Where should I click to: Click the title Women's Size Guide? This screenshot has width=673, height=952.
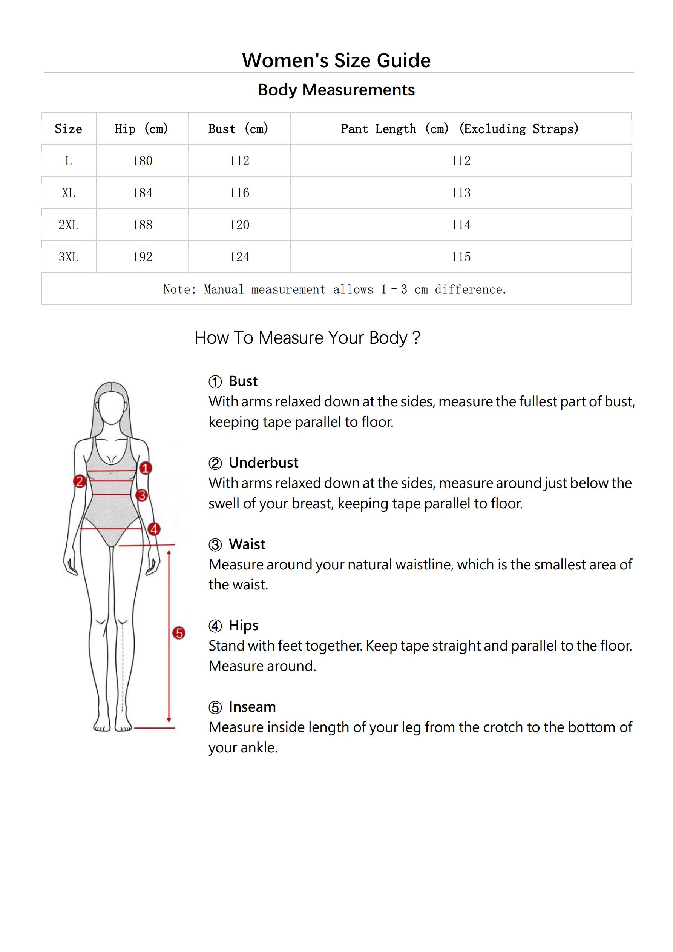coord(336,60)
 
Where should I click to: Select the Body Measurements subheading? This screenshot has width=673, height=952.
coord(336,90)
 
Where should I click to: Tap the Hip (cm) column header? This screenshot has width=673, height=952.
coord(142,129)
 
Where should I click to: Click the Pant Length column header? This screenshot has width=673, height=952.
coord(460,129)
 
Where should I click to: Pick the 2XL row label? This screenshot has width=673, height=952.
coord(68,225)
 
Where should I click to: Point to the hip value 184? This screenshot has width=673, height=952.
coord(143,193)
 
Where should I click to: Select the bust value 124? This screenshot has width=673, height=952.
coord(239,257)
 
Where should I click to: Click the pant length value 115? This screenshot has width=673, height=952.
coord(461,257)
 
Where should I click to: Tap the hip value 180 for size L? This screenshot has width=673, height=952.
coord(143,161)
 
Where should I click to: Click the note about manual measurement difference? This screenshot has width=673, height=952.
coord(335,289)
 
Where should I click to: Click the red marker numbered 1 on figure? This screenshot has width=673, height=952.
coord(145,469)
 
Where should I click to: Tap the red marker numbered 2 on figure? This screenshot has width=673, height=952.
coord(79,481)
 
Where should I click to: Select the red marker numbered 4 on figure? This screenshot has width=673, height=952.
coord(154,529)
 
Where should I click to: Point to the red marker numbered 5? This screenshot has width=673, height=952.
coord(179,633)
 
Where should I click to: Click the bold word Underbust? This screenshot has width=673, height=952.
coord(264,463)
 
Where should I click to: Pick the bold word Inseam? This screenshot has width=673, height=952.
coord(252,707)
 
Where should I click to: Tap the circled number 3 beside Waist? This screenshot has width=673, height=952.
coord(215,544)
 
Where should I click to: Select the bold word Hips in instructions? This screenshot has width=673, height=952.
coord(244,626)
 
